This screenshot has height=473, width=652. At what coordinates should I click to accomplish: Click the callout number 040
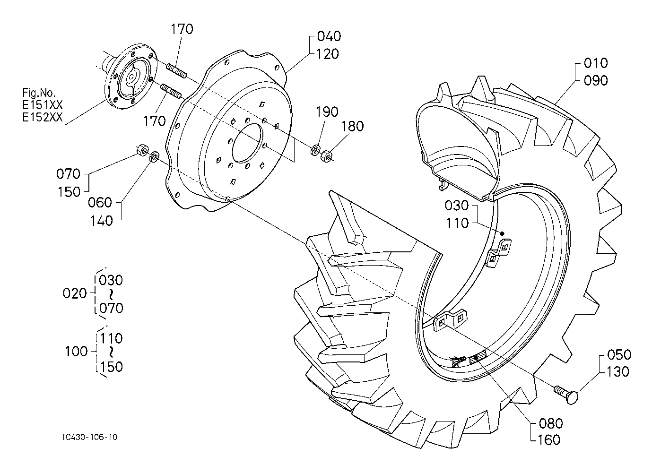pyautogui.click(x=329, y=36)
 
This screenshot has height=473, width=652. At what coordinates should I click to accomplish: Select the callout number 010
pyautogui.click(x=596, y=63)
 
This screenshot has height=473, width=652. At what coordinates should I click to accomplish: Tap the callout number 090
pyautogui.click(x=596, y=81)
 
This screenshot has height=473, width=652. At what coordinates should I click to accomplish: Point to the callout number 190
pyautogui.click(x=327, y=112)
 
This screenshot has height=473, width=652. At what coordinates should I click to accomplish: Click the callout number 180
pyautogui.click(x=353, y=126)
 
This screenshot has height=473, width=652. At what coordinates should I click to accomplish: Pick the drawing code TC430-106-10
pyautogui.click(x=90, y=437)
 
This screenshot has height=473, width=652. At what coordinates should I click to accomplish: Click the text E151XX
pyautogui.click(x=43, y=105)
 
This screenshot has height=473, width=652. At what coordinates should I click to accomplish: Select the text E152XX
pyautogui.click(x=43, y=117)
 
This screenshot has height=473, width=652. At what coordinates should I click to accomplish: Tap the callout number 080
pyautogui.click(x=551, y=424)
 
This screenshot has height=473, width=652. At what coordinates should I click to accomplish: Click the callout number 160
pyautogui.click(x=549, y=440)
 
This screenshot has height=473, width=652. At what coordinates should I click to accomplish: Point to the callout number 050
pyautogui.click(x=619, y=355)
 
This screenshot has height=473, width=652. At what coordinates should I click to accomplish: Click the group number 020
pyautogui.click(x=75, y=293)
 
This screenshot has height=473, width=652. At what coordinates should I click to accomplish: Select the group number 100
pyautogui.click(x=76, y=352)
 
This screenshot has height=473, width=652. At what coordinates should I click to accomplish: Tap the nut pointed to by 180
pyautogui.click(x=327, y=156)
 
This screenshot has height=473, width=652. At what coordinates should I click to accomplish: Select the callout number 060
pyautogui.click(x=100, y=203)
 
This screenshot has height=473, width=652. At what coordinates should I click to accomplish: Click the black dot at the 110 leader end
pyautogui.click(x=502, y=233)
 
